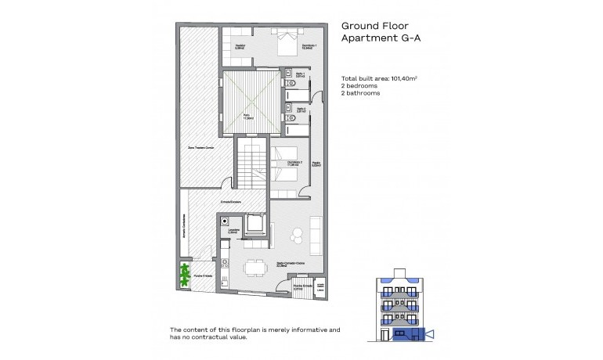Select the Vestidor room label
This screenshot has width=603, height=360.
[233, 48]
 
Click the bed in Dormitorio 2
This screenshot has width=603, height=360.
[287, 166]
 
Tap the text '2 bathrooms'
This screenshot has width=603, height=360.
[361, 93]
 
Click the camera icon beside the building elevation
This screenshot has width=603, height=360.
[428, 334]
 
